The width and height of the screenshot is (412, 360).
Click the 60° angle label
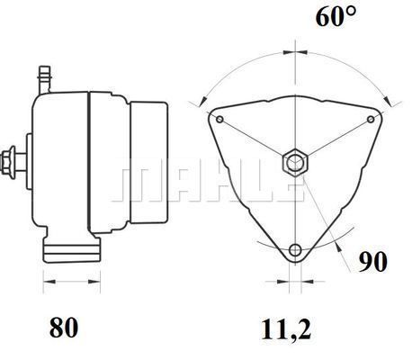pos(336,16)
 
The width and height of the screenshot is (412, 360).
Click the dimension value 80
pos(64,327)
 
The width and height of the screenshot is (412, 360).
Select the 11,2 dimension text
pos(286,329)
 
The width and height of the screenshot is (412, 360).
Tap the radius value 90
pos(373,262)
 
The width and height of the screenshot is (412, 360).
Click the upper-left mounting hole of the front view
pos(219,120)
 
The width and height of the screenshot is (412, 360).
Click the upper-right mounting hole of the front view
pos(371,120)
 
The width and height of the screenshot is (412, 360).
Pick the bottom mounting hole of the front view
pos(295,249)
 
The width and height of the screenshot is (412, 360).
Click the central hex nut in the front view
pos(295,163)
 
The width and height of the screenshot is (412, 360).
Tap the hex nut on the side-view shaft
pos(8,162)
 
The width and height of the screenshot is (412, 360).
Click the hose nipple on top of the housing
pos(45,79)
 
